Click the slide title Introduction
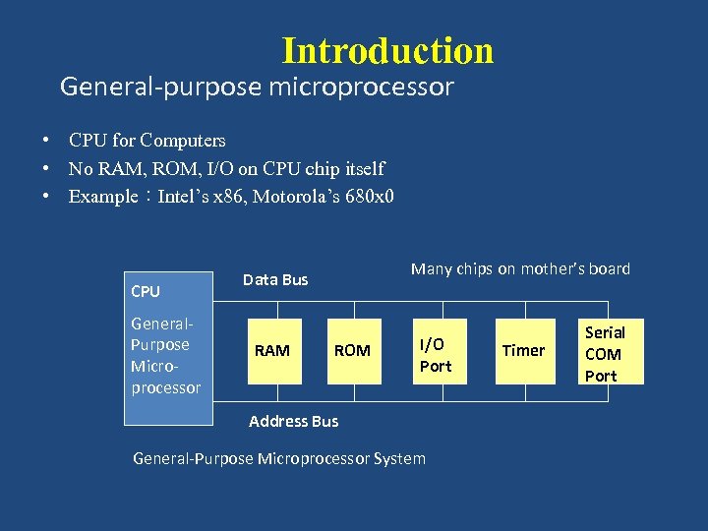[x=387, y=50]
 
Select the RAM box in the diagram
[x=272, y=350]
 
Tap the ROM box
[x=352, y=350]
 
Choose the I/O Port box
[x=436, y=354]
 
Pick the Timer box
[x=523, y=350]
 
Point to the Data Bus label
[x=275, y=280]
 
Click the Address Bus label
[x=293, y=421]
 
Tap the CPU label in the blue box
[x=146, y=292]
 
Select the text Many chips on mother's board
[x=520, y=268]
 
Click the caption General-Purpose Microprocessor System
[x=279, y=458]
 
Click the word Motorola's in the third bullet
[x=293, y=197]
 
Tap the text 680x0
[x=365, y=197]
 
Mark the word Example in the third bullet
[x=102, y=197]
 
